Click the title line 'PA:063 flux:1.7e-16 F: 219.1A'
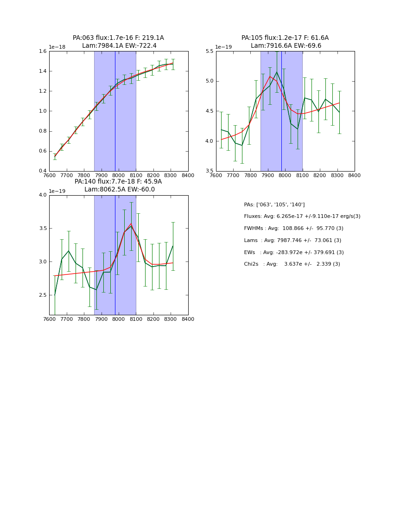coord(118,38)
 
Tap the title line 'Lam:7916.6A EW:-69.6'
coord(286,46)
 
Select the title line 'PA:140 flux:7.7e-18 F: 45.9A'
coord(118,182)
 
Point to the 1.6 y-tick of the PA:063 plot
coord(42,51)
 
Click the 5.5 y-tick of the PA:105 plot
coord(209,51)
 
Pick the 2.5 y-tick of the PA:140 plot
coord(42,295)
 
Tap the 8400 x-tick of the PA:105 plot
coord(354,175)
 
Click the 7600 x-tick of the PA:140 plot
coord(50,319)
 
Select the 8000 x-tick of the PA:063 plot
coord(119,175)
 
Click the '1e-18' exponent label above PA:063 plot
coord(57,47)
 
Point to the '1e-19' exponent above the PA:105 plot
coord(224,47)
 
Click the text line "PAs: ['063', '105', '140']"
coord(274,204)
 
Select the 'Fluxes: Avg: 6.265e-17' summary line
coord(302,217)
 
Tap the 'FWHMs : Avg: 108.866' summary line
coord(293,229)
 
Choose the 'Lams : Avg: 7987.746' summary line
coord(292,241)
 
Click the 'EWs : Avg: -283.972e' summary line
coord(294,253)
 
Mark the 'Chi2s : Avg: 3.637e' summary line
coord(292,264)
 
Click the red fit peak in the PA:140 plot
coord(131,224)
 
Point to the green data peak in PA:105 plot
coord(277,72)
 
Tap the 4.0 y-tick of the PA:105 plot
coord(209,141)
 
